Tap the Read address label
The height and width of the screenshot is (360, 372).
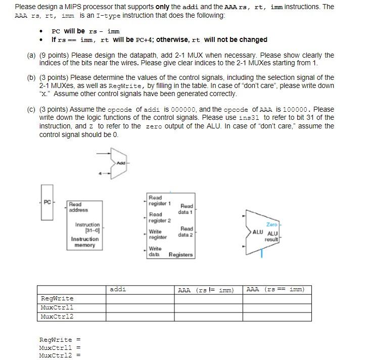coord(78,207)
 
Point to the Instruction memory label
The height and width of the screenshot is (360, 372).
coord(85,242)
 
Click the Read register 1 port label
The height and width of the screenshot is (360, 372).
coord(159,200)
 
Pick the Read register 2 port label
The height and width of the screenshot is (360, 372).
coord(159,217)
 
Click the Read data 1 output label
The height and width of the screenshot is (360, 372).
coord(187,209)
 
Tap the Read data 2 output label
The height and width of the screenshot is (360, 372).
coord(187,232)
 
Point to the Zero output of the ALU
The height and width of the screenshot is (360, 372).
coord(271,223)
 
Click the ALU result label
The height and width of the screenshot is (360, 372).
coord(272,236)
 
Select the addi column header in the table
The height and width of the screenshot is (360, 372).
coord(118,290)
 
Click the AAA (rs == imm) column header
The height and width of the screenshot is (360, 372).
coord(275,290)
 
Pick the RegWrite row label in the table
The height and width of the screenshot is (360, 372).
coord(57,298)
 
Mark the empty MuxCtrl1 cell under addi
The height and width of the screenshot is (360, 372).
coord(140,307)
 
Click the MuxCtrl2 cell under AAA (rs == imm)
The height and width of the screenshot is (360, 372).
coord(277,317)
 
